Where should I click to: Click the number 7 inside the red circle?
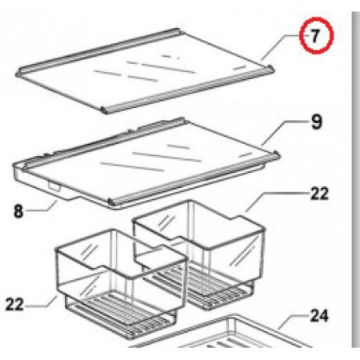point(314,37)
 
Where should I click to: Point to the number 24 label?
point(318,316)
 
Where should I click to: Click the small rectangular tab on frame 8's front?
point(56,186)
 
